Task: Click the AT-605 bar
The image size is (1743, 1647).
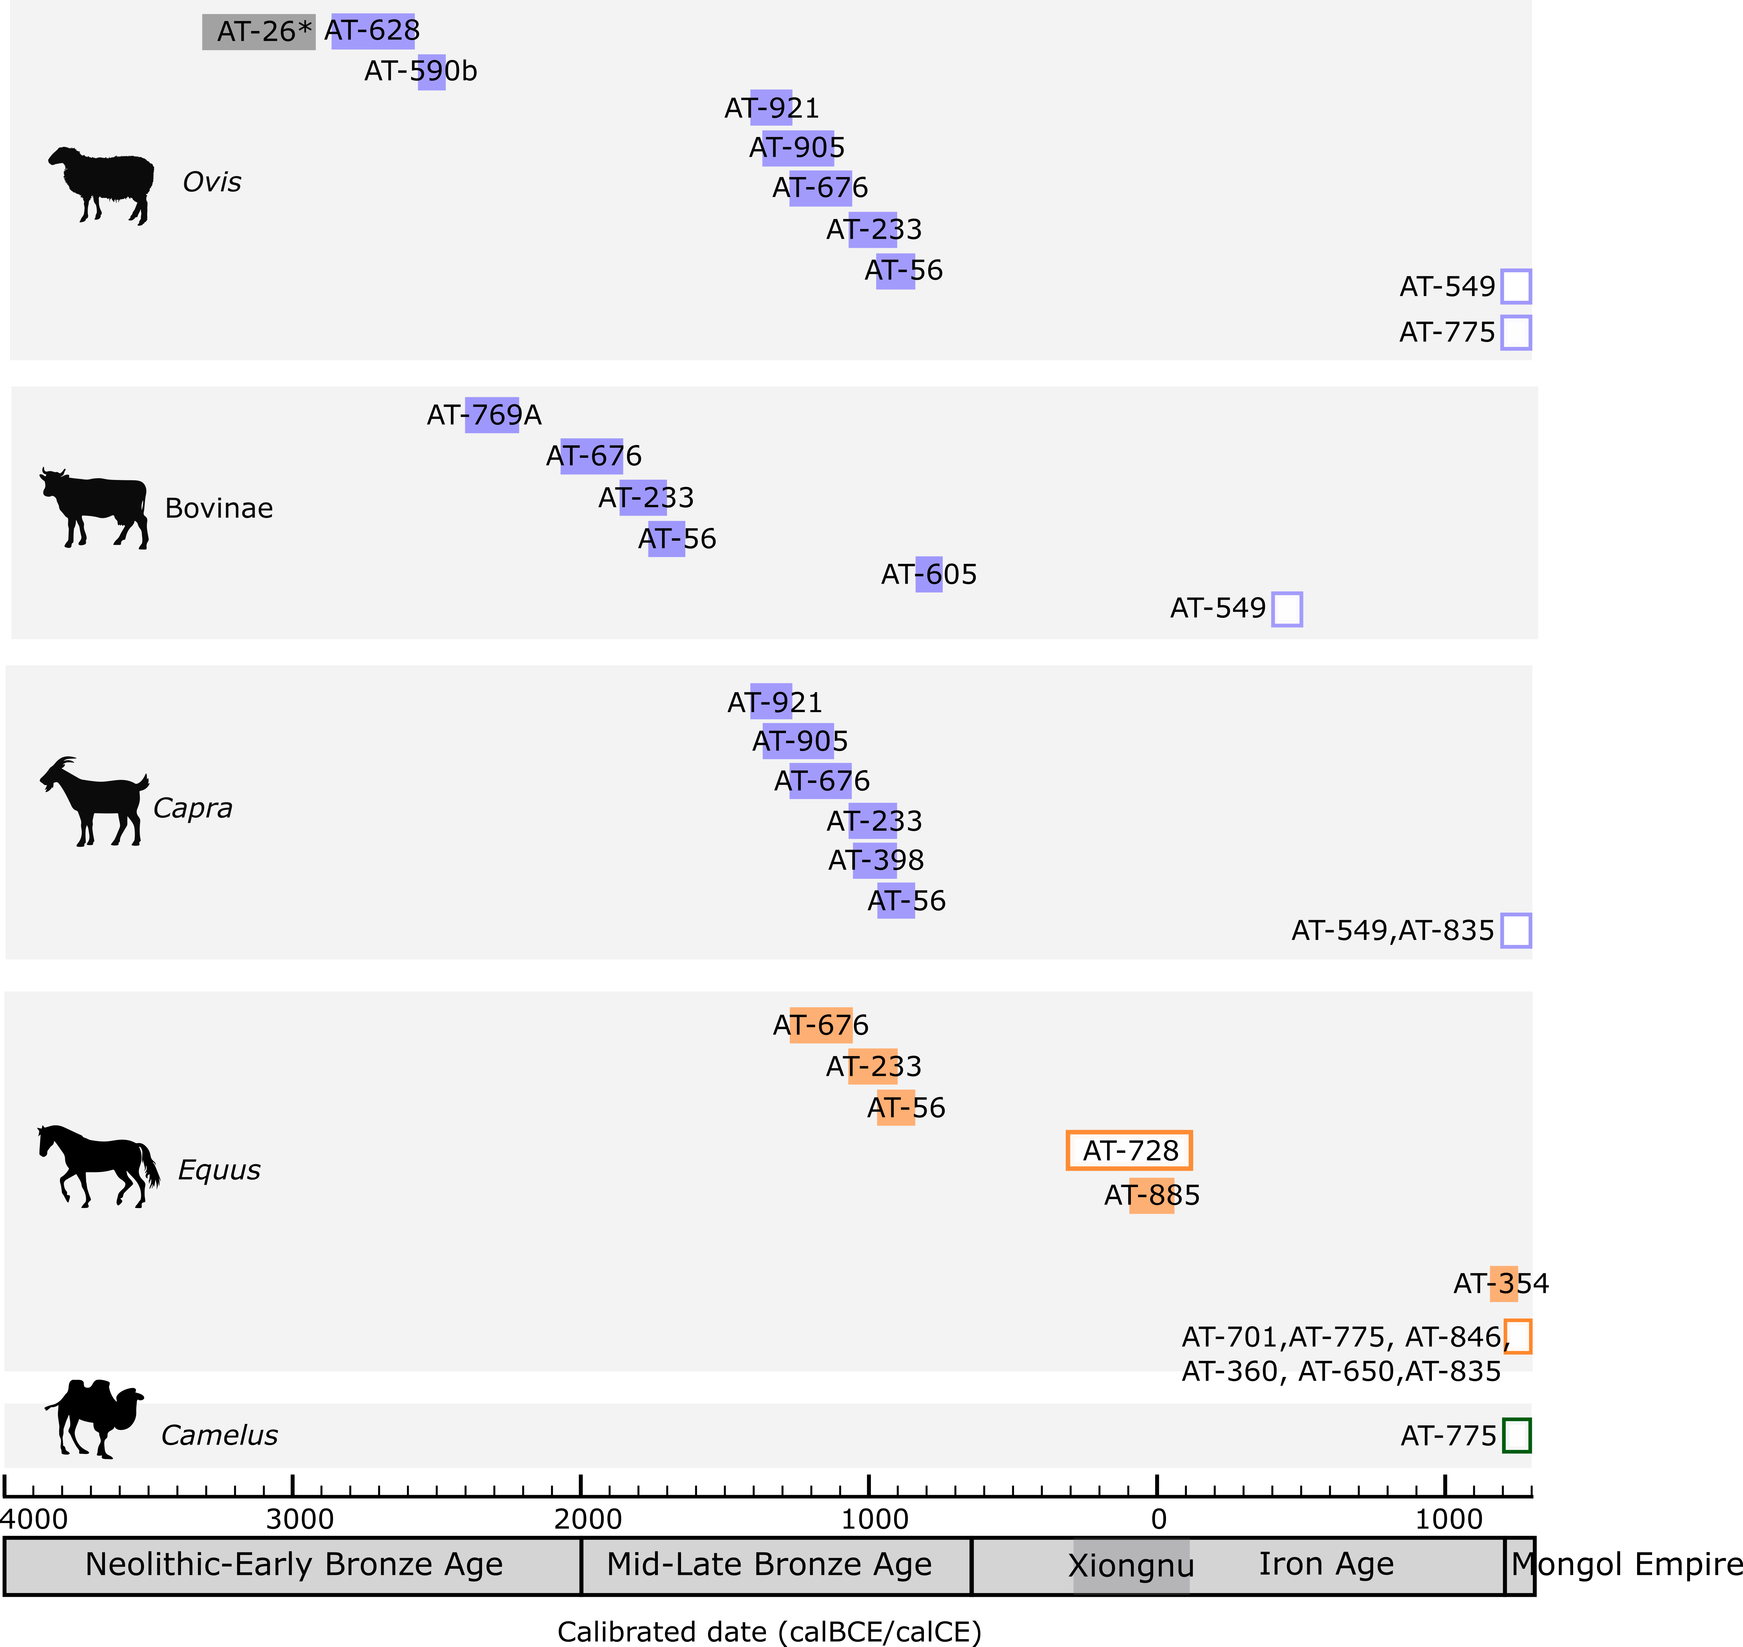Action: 929,574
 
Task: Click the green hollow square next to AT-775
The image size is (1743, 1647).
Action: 1517,1436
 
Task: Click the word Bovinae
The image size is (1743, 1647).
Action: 219,508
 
